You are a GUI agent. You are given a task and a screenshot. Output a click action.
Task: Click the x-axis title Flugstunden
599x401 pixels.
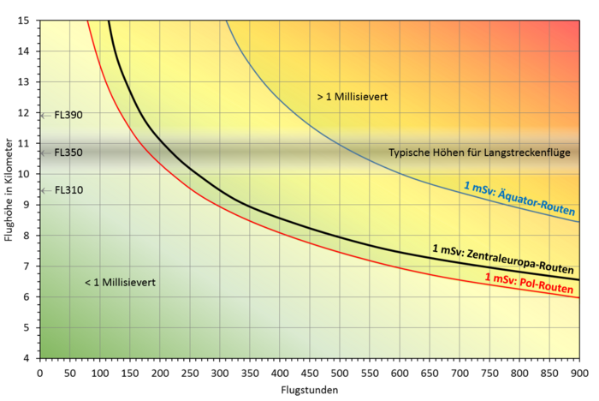pos(309,390)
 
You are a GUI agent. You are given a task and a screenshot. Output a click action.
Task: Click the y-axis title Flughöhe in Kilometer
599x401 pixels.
pos(9,189)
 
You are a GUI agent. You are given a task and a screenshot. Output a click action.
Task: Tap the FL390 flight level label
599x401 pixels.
pos(68,115)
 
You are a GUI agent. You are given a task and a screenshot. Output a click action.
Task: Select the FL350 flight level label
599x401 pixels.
pos(68,153)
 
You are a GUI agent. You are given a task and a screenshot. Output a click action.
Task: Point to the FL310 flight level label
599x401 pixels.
pos(68,190)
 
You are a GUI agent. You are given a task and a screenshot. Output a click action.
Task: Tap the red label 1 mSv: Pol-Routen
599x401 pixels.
pos(529,284)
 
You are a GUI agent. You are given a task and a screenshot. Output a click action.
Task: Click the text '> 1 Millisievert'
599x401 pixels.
pos(353,98)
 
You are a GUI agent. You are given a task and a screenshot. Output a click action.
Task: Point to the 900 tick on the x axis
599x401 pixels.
pos(578,372)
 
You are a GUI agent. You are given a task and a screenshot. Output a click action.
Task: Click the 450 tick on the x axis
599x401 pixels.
pos(309,372)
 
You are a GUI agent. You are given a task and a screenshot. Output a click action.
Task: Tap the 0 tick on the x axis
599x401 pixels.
pos(39,372)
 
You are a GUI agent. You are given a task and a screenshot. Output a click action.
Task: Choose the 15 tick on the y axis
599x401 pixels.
pos(25,20)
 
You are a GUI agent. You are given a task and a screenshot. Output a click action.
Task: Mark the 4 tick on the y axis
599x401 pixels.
pos(27,358)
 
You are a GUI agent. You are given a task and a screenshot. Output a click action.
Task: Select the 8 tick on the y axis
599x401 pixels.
pos(27,235)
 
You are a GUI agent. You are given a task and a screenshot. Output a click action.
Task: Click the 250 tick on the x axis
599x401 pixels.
pos(189,372)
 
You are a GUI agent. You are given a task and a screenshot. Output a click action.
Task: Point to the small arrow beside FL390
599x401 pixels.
pos(44,115)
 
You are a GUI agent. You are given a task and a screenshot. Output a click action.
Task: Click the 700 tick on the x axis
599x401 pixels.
pos(459,372)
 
